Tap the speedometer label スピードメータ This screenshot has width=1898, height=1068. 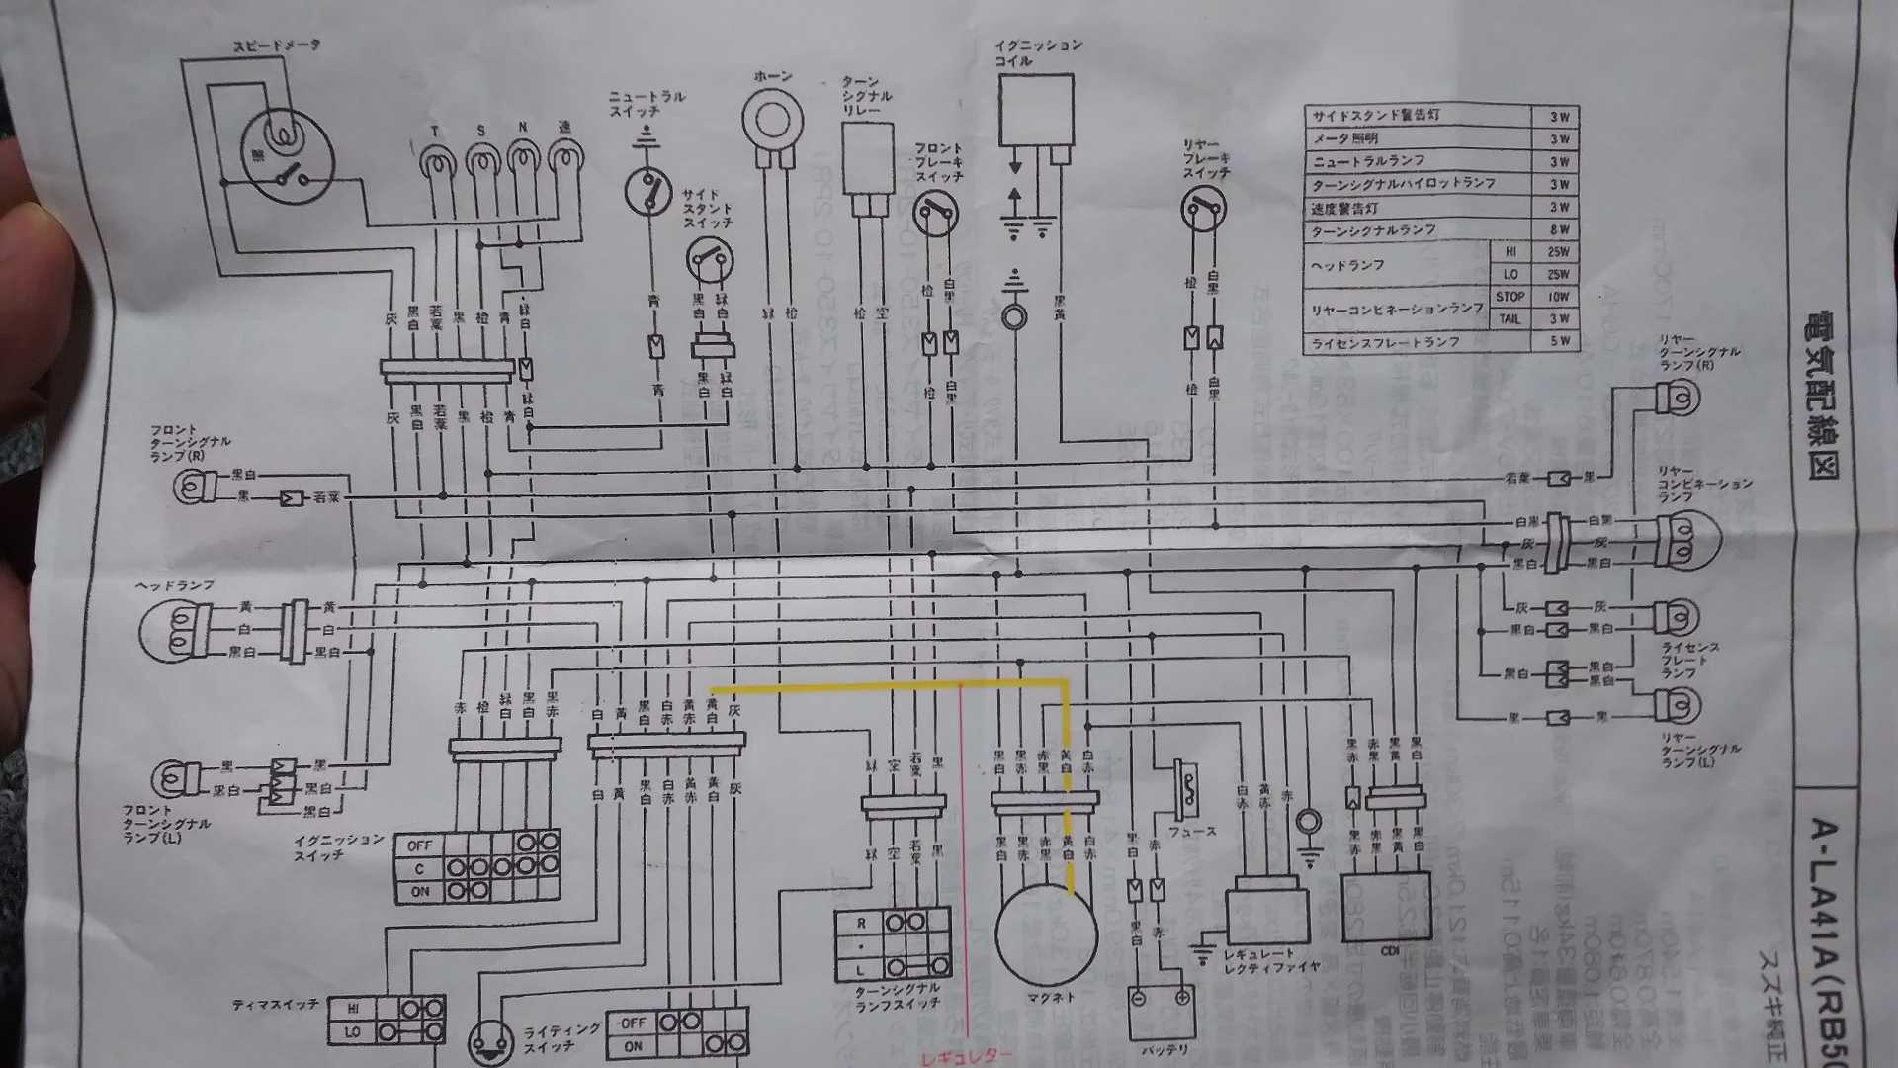tap(277, 45)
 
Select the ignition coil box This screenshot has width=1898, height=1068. tap(1035, 110)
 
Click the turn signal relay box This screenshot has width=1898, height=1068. tap(868, 158)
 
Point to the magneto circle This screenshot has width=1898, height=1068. tap(1046, 934)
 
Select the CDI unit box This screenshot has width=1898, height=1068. tap(1386, 906)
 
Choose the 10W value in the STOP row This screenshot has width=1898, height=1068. tap(1558, 297)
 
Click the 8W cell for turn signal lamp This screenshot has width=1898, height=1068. tap(1559, 229)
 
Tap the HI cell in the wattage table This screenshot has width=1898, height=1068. tap(1510, 252)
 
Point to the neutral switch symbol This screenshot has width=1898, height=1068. tap(647, 189)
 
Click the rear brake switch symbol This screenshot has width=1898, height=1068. tap(1203, 209)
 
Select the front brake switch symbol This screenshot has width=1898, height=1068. tap(935, 214)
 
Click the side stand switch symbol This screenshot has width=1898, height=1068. tap(710, 261)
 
